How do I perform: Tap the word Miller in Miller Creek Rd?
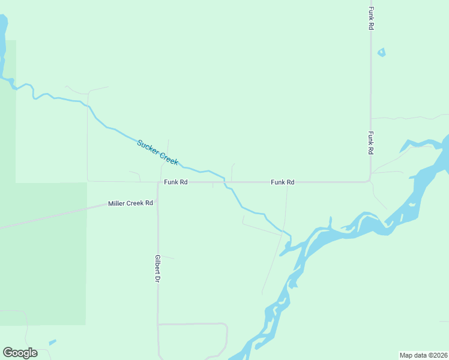point(117,203)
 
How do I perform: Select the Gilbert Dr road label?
point(157,268)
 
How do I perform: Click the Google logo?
point(20,353)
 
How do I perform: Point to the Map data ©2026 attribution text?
point(423,355)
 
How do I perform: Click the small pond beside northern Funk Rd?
point(381,53)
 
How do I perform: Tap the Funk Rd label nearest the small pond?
point(372,19)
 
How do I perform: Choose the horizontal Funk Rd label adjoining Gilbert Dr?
point(176,182)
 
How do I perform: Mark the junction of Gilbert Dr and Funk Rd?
point(158,182)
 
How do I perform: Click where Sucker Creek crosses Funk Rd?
point(224,181)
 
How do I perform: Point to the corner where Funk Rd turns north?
point(370,180)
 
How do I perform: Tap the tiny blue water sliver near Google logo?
point(52,343)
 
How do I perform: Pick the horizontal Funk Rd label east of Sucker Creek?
point(282,182)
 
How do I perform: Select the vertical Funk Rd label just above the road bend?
point(372,143)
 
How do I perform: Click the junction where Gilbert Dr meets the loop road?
point(158,325)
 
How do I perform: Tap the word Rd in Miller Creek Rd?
point(149,203)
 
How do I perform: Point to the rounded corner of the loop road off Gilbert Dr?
point(225,327)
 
